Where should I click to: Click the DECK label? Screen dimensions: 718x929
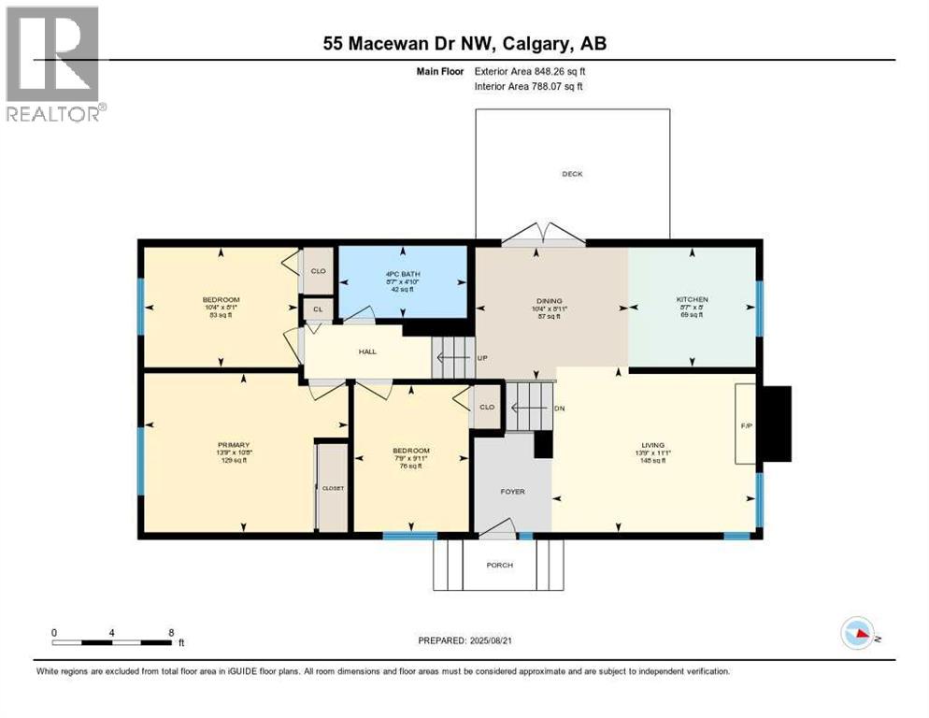click(x=572, y=174)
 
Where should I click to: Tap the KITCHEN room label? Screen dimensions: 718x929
click(x=693, y=300)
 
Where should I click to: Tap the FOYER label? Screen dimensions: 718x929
click(x=513, y=491)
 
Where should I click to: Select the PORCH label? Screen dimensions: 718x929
click(x=499, y=565)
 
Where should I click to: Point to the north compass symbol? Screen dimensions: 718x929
click(x=858, y=633)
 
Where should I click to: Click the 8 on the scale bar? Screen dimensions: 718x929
click(x=171, y=632)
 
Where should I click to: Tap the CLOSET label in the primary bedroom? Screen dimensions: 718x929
click(x=334, y=488)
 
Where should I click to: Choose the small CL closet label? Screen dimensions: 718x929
click(x=317, y=309)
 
